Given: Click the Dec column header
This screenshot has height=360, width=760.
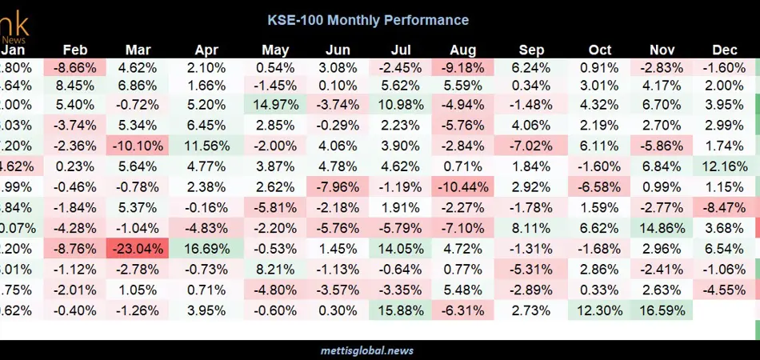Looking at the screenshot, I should click(725, 50).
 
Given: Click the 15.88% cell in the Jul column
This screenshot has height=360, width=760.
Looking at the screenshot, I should click(398, 310).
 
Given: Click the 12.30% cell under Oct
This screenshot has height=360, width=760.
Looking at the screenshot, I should click(595, 310).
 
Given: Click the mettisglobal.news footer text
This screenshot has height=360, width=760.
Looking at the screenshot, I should click(380, 350).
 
